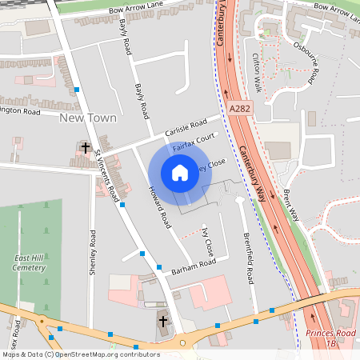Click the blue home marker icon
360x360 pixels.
(180, 173)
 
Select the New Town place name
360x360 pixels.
(88, 118)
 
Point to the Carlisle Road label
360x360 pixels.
(186, 127)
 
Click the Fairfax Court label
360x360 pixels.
(194, 144)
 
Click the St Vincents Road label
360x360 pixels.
(108, 173)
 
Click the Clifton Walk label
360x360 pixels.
(257, 72)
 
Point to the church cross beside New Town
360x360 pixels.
(85, 148)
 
